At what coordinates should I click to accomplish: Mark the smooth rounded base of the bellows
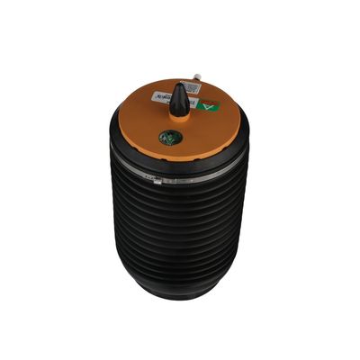tap(180, 292)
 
